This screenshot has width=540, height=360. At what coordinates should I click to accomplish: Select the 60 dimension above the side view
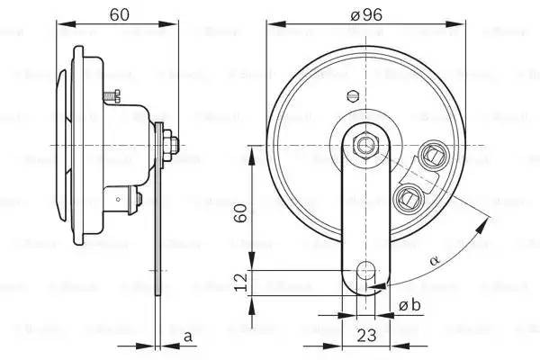coord(118,14)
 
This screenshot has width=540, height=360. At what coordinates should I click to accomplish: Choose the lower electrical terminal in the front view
coord(409,195)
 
